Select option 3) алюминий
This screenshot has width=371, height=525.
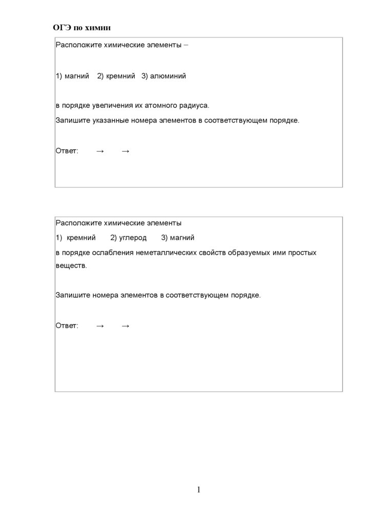pos(163,76)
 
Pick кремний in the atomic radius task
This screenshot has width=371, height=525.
pos(120,76)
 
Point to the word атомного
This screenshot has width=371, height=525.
pos(159,106)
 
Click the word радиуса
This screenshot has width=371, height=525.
pos(194,106)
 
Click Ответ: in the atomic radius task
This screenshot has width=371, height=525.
pos(67,151)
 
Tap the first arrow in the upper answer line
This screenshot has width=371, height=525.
pos(100,151)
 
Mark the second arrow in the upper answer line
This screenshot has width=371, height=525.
pos(126,151)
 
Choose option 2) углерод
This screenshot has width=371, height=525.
pos(129,238)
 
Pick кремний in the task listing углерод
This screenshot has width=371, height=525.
pos(81,238)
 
